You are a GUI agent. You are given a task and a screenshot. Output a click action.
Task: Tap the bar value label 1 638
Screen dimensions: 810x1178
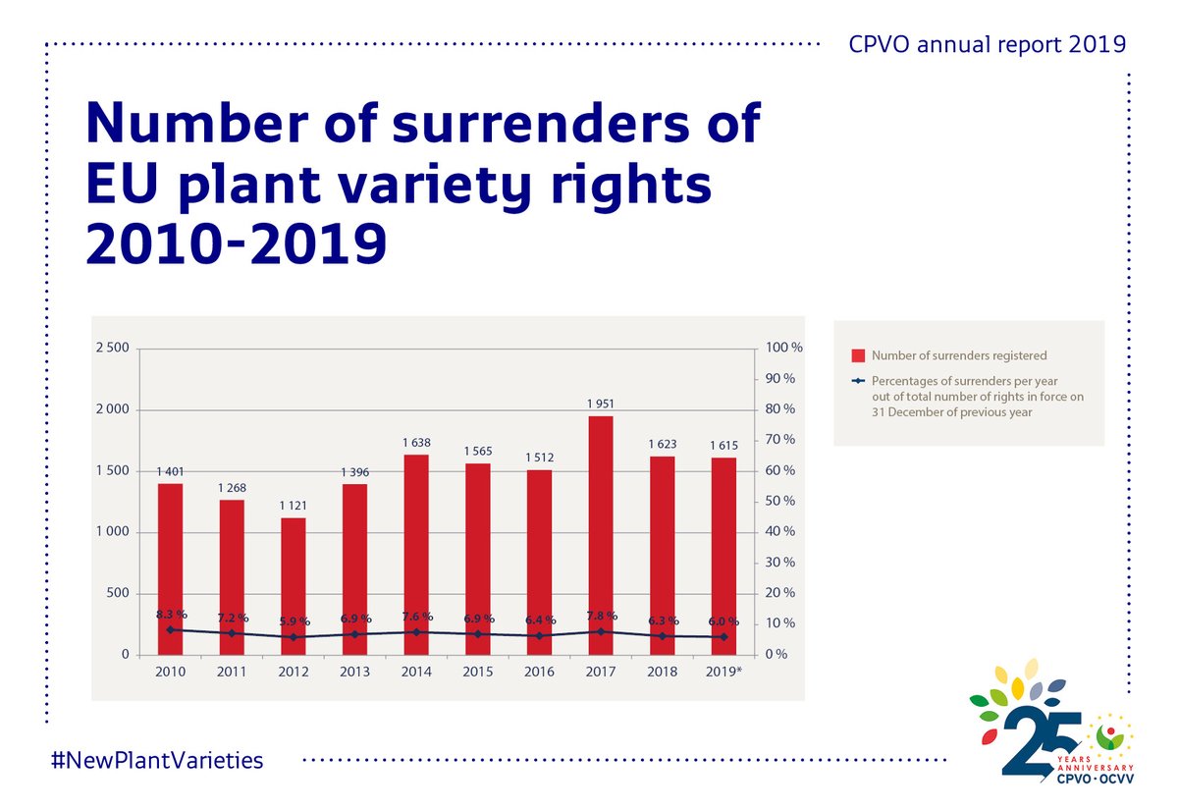tap(416, 443)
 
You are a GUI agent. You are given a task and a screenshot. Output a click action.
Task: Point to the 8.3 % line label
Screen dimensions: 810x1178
tap(171, 615)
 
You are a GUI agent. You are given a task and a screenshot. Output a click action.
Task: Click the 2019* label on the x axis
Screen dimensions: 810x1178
tap(723, 673)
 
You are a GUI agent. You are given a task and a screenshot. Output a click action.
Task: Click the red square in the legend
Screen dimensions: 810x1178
tap(857, 355)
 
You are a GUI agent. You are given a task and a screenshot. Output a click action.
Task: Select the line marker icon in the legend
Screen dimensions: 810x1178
tap(857, 380)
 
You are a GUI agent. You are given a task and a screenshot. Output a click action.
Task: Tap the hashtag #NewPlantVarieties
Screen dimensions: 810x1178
tap(156, 759)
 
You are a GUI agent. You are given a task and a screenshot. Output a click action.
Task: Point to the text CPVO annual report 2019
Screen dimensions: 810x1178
tap(988, 45)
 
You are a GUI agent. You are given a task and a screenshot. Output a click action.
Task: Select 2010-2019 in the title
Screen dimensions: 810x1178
tap(235, 244)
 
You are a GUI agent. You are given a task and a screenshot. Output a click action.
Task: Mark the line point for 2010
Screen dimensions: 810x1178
tap(171, 629)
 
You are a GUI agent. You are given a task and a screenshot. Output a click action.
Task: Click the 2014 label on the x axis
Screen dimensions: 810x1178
tap(416, 673)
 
